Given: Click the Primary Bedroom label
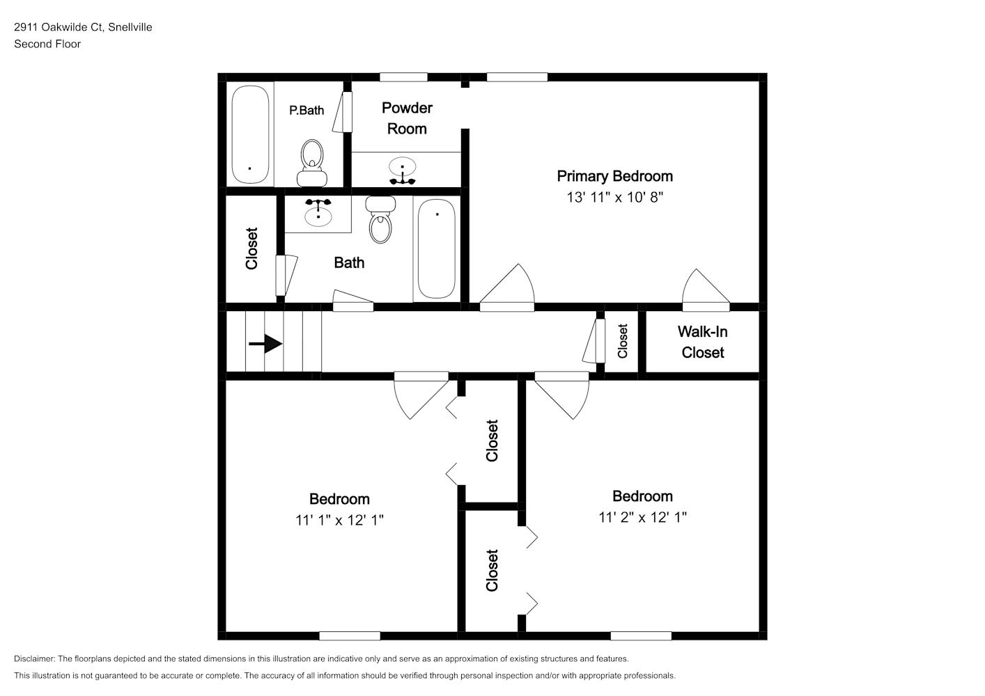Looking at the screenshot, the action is [x=614, y=177].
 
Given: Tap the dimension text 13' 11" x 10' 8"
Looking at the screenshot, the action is [x=614, y=197].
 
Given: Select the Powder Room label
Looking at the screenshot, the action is [x=407, y=118].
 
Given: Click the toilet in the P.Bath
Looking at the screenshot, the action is [x=312, y=163].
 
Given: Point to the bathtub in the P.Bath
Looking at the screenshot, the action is [x=250, y=134].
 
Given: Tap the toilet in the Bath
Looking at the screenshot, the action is [x=380, y=219].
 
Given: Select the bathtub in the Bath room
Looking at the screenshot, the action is [x=437, y=249].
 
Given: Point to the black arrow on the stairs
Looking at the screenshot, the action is [x=265, y=344].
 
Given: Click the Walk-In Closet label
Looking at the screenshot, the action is [x=703, y=342].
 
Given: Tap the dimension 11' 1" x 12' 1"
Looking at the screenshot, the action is [x=339, y=520].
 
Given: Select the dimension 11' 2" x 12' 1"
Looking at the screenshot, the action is [x=642, y=518].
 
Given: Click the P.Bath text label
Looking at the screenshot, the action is [x=307, y=110].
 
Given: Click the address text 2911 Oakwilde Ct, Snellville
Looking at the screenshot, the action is [x=83, y=27].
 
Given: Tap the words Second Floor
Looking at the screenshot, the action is [x=47, y=44].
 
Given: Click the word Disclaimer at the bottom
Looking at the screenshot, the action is [x=35, y=658].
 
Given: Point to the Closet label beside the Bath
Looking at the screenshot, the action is [x=251, y=248].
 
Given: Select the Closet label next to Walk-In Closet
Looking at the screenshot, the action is [x=622, y=341].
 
